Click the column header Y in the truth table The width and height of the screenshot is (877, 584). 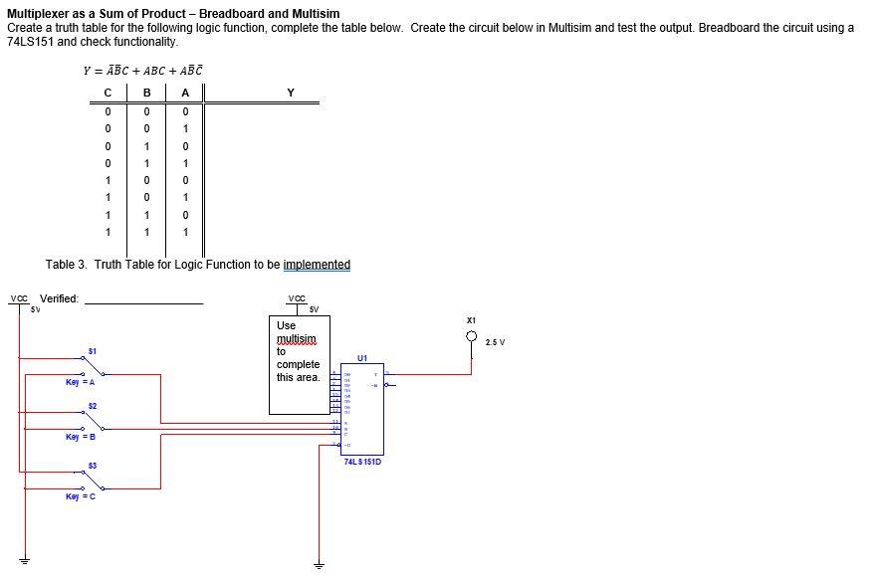pos(290,93)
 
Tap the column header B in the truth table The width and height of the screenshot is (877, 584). pos(146,93)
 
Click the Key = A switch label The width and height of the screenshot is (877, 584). pos(80,382)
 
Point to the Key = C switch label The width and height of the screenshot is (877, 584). pos(80,496)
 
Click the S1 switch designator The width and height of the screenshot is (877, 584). pos(92,350)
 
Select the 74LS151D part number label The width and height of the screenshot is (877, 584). pos(361,462)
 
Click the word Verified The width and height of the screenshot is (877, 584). pos(59,298)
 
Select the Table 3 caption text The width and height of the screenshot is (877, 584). pos(197,265)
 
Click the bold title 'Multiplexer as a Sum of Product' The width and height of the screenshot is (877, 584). pos(173,13)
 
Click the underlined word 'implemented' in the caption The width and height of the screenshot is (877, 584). pos(317,265)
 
